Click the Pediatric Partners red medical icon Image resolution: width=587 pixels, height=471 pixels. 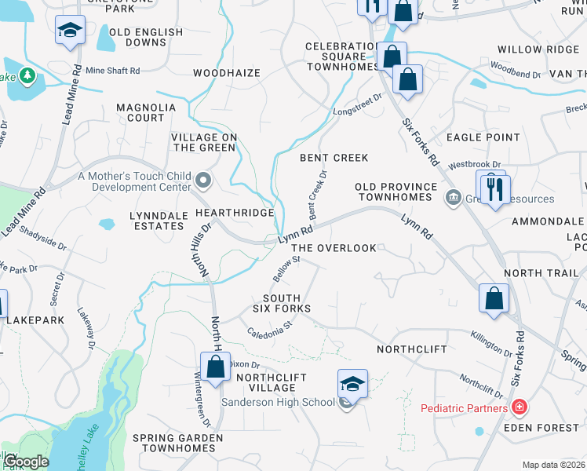click(519, 407)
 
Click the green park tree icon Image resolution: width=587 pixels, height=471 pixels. click(29, 75)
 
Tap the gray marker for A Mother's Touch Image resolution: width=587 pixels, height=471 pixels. click(204, 181)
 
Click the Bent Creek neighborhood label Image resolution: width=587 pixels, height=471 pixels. click(334, 158)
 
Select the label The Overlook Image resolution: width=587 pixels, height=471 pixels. click(334, 248)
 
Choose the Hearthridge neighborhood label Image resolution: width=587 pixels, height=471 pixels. click(235, 213)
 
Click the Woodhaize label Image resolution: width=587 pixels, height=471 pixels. click(226, 73)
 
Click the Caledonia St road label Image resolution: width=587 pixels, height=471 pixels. click(270, 326)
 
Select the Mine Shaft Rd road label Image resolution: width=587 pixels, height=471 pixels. click(113, 71)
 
